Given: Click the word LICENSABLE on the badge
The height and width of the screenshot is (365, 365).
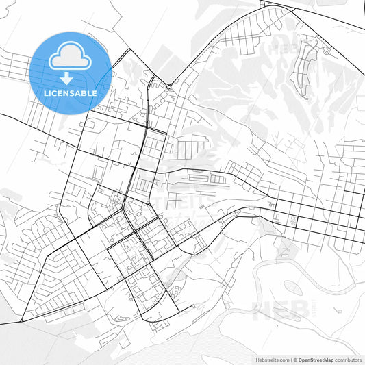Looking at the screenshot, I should coord(71,92).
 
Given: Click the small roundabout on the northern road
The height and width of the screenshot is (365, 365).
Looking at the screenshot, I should coord(168,86).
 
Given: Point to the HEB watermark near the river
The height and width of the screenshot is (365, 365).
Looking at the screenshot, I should coord(281,311).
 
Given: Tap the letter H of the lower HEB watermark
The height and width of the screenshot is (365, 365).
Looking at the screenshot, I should coord(264,311).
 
